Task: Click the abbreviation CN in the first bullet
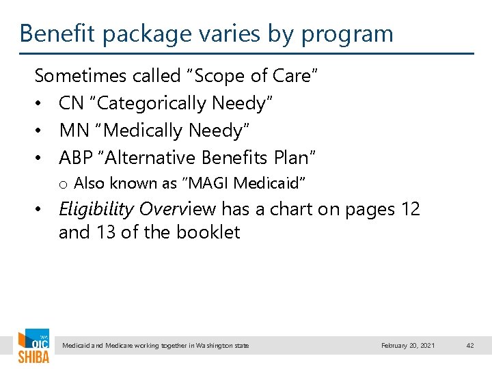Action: coord(71,103)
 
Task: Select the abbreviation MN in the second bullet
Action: coord(72,131)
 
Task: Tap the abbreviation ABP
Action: coord(75,158)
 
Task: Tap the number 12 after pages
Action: coord(409,209)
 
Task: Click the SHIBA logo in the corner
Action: coord(33,347)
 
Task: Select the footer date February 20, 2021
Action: coord(408,346)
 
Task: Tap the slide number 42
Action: coord(469,346)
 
